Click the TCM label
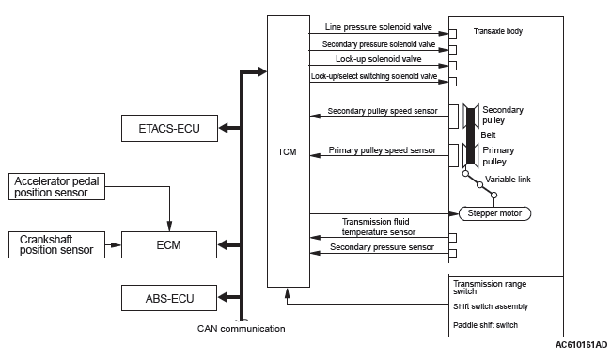[288, 152]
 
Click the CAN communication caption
[242, 329]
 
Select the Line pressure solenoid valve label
[379, 27]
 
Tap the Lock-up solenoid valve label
[379, 59]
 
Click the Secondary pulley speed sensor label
[383, 111]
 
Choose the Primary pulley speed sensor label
[382, 150]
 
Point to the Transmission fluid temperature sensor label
[379, 227]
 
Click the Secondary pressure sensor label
[382, 247]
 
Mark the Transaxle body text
[498, 31]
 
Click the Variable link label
[508, 180]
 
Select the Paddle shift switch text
[486, 325]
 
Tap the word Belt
[488, 135]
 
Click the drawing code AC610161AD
[581, 345]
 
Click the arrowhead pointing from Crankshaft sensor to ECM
[116, 244]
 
